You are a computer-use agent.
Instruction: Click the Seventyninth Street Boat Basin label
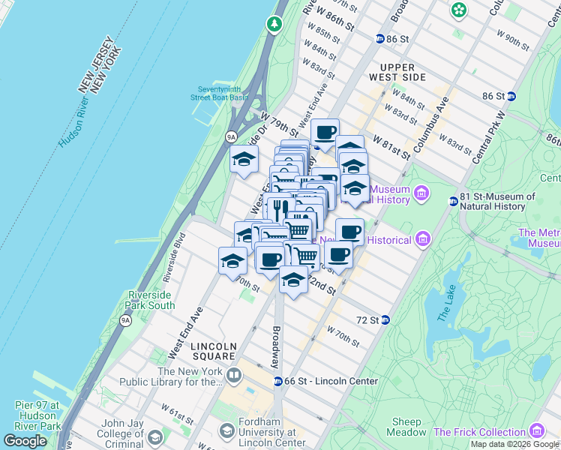click(218, 93)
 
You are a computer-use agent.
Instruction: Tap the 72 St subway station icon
click(385, 320)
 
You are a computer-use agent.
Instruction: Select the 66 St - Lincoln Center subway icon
click(277, 381)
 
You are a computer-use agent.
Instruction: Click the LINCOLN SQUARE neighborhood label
click(214, 346)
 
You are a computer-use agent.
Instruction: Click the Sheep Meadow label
click(406, 427)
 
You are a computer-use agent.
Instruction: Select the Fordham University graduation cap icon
click(226, 431)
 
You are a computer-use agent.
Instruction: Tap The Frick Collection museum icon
click(536, 431)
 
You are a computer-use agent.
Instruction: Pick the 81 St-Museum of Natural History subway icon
click(453, 201)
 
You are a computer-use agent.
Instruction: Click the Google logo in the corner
click(25, 440)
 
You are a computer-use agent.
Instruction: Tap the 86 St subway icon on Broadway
click(380, 38)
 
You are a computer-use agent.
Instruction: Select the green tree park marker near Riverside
click(274, 24)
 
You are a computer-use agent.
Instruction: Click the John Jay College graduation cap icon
click(154, 436)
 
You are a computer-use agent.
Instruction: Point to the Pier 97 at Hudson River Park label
click(37, 415)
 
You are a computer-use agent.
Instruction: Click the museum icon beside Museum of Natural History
click(421, 194)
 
